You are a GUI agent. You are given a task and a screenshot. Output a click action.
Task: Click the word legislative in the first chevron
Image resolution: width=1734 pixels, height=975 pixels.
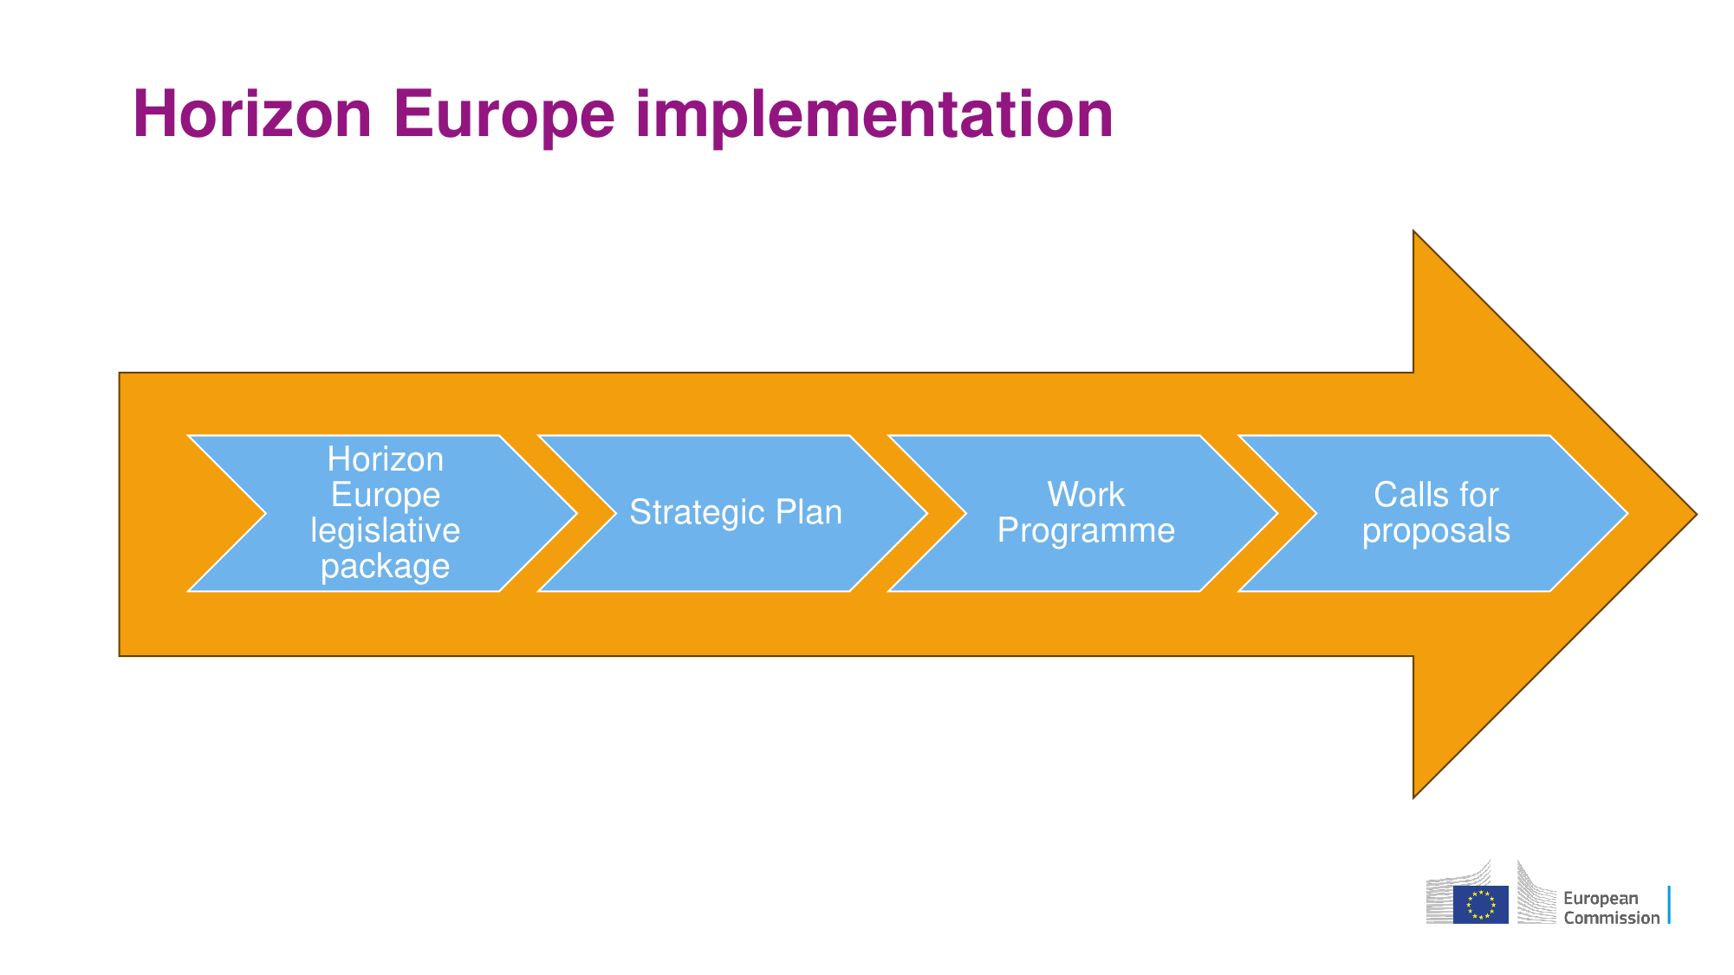386,531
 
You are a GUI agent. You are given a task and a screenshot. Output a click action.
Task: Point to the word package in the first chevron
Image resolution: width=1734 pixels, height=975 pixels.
386,568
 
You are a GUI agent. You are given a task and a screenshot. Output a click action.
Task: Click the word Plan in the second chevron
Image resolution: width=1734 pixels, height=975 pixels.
809,512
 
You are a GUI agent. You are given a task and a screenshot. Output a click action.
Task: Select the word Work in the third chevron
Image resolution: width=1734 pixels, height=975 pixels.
1086,495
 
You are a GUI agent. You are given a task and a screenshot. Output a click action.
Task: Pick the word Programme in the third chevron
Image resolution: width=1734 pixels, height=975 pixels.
1086,531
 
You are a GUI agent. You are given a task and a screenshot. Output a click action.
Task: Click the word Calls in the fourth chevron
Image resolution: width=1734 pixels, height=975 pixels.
1409,495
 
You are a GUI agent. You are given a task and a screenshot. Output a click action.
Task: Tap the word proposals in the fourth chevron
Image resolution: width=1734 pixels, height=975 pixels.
1436,532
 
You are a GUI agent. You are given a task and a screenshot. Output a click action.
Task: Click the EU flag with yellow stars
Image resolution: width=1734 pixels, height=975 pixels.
1481,905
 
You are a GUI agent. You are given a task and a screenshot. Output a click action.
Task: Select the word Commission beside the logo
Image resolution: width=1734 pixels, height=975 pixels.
1612,918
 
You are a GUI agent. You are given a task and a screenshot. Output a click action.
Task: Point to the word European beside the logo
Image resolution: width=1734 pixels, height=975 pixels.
1601,899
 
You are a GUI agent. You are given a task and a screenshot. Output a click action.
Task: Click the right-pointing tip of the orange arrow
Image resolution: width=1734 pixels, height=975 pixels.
1696,514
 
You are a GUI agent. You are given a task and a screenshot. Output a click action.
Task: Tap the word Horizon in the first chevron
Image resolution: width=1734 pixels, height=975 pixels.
386,459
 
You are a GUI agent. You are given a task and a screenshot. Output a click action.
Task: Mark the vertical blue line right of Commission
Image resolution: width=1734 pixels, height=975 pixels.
1669,905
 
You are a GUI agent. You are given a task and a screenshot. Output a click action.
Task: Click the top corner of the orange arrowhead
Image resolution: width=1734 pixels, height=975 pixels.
1413,231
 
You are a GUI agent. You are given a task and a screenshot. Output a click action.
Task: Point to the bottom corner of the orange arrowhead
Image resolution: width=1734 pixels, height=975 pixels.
1413,797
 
